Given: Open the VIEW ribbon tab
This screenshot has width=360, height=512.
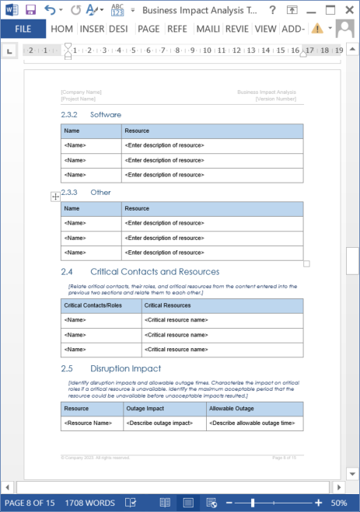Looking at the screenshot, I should click(265, 29).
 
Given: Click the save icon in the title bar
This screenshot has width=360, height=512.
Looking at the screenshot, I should click(31, 9).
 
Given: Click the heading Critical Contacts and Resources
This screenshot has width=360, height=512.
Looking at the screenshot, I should click(154, 272).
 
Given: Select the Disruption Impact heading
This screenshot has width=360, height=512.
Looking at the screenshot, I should click(125, 368).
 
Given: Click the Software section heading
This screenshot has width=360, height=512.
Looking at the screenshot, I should click(106, 114).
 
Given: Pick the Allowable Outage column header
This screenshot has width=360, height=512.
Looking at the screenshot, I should click(230, 408).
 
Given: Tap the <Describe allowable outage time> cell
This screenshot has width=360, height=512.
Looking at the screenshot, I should click(253, 423).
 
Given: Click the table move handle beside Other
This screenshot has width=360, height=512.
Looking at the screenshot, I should click(55, 197).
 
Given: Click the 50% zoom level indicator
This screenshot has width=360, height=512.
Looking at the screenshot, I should click(339, 503).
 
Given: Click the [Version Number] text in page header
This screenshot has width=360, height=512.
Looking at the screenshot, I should click(276, 99).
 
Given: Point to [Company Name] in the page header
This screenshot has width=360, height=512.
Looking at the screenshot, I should click(81, 92).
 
